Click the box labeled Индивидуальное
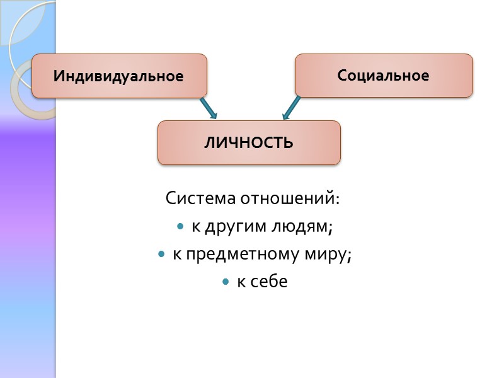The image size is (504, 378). click(x=119, y=76)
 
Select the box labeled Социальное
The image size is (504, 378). click(x=384, y=75)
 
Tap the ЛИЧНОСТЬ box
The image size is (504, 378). click(x=249, y=142)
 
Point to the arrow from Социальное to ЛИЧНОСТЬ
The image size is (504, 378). click(x=290, y=108)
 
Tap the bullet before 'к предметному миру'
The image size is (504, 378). click(x=162, y=254)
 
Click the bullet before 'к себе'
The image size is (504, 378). click(x=225, y=282)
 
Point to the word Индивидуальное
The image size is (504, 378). click(x=118, y=76)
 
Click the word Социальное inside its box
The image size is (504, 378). click(x=383, y=76)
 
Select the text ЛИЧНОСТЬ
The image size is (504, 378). click(x=249, y=142)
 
